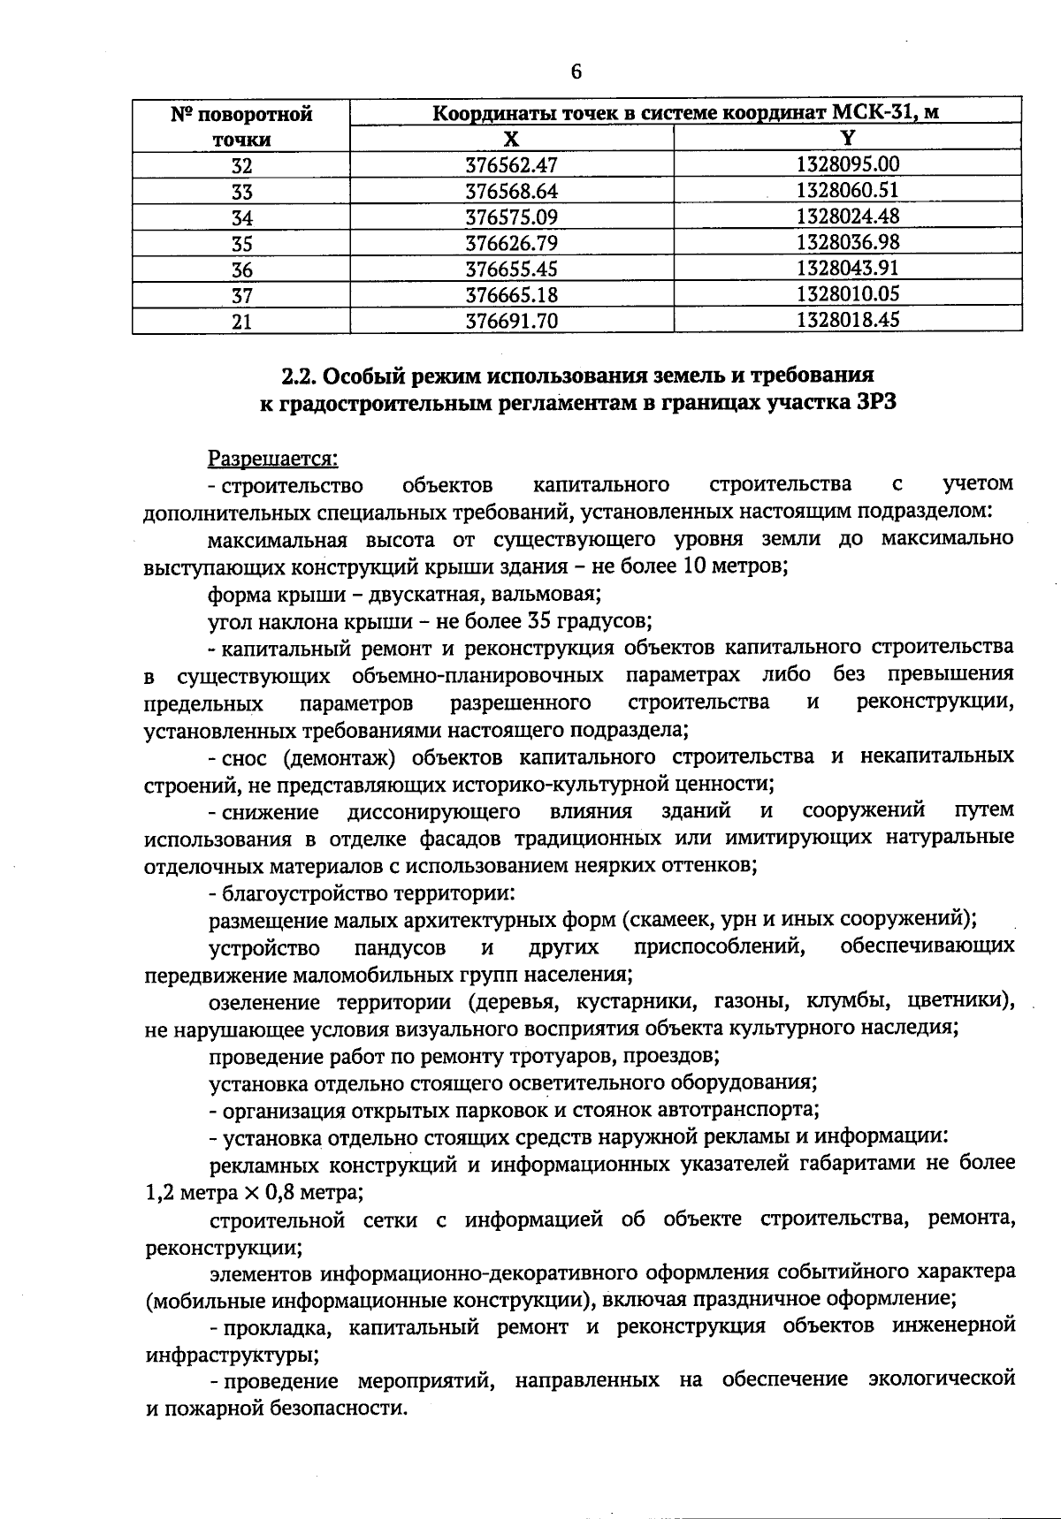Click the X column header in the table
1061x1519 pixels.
click(511, 139)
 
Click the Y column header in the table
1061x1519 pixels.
click(847, 138)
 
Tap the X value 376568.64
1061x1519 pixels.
click(512, 192)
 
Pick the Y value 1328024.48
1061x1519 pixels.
click(847, 216)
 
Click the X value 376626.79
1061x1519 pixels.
click(512, 243)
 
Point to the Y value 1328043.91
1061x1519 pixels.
click(847, 268)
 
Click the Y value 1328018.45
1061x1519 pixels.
click(847, 319)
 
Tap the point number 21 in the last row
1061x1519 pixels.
click(241, 322)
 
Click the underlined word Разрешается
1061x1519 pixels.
click(273, 459)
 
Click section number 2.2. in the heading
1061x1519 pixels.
click(299, 377)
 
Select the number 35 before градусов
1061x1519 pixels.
click(540, 621)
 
